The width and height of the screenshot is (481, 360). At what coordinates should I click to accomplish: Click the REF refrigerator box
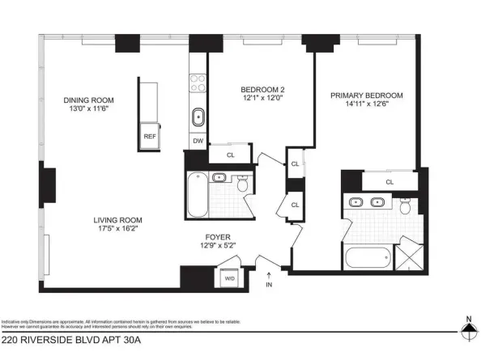(150, 137)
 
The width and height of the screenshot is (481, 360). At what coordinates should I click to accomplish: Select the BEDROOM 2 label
(262, 90)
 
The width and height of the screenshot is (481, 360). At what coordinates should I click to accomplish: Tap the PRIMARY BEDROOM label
(366, 95)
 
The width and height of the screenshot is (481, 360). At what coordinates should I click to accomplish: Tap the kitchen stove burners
(198, 84)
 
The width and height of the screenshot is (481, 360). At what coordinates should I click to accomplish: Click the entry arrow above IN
(269, 275)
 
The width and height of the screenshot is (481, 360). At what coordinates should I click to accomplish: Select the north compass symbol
(467, 328)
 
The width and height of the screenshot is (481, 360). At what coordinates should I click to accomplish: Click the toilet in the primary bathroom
(406, 205)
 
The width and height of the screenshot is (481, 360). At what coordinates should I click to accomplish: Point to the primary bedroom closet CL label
(390, 182)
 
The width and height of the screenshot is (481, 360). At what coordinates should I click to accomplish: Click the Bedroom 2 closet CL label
(231, 155)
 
